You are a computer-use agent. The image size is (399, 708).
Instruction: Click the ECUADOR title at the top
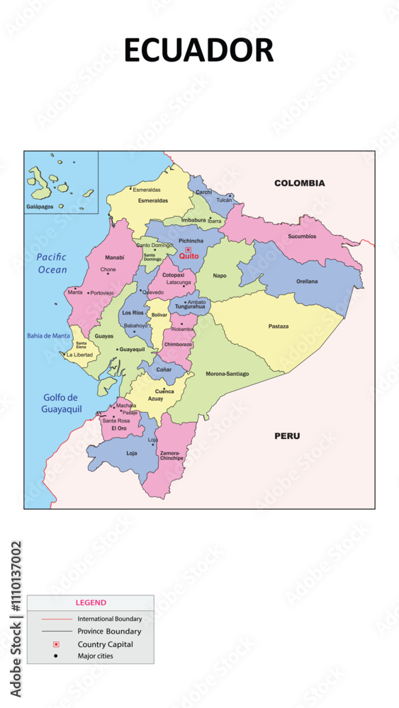(198, 51)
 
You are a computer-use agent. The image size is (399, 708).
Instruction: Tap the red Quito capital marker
(189, 250)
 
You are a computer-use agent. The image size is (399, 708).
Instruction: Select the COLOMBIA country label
(299, 183)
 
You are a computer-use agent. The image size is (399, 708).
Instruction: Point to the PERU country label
(287, 436)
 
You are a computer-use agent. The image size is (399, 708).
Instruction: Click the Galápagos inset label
(40, 206)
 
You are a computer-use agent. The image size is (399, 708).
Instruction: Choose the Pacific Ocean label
(52, 263)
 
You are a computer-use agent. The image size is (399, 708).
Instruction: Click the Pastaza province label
(278, 326)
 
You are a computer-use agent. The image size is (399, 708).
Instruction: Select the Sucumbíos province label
(302, 236)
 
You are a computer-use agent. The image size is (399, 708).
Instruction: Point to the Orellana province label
(307, 281)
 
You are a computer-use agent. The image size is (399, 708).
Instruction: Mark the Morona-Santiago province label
(227, 373)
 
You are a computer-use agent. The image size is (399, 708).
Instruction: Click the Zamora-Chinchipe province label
(172, 455)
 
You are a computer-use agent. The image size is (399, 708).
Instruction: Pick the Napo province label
(220, 275)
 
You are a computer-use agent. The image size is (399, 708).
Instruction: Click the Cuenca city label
(164, 391)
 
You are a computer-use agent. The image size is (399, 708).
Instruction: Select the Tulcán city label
(224, 200)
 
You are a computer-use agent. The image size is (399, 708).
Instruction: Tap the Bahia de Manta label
(48, 336)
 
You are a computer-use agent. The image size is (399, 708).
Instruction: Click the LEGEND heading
(91, 603)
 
